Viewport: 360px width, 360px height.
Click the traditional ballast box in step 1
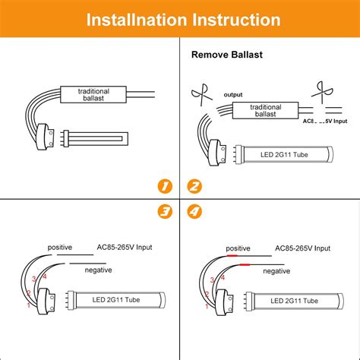tap(94, 94)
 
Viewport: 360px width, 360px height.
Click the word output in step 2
tap(233, 95)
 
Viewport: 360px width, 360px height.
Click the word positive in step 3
tap(61, 248)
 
